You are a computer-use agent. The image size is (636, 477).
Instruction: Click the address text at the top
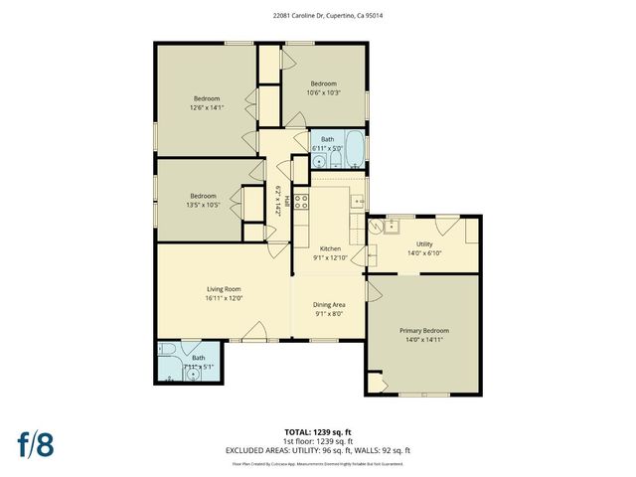(317, 16)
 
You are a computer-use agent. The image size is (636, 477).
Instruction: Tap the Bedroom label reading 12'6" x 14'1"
(206, 102)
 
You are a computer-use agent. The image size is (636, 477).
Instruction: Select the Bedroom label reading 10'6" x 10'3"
(324, 87)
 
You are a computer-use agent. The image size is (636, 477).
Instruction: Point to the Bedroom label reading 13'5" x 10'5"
(203, 200)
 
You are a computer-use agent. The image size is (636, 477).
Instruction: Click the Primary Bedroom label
(424, 334)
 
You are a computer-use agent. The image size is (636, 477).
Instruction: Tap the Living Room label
(224, 293)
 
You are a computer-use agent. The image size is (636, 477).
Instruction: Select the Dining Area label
(329, 309)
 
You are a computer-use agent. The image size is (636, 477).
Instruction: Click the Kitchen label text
(330, 252)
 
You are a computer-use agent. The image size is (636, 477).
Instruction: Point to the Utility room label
(424, 247)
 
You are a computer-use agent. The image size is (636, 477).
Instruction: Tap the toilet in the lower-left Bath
(168, 351)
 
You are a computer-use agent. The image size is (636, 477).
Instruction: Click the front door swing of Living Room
(256, 331)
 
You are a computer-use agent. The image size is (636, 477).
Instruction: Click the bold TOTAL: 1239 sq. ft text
(317, 432)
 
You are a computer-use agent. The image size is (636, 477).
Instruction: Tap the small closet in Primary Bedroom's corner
(375, 383)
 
